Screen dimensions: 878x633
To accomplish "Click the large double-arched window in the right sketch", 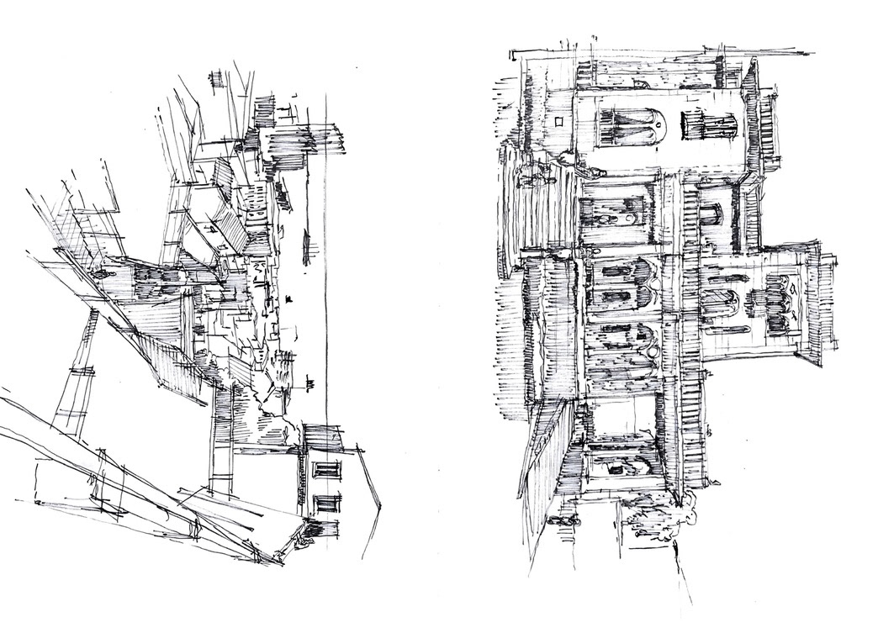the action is (629, 125).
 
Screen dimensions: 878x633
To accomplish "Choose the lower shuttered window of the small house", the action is (326, 504).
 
